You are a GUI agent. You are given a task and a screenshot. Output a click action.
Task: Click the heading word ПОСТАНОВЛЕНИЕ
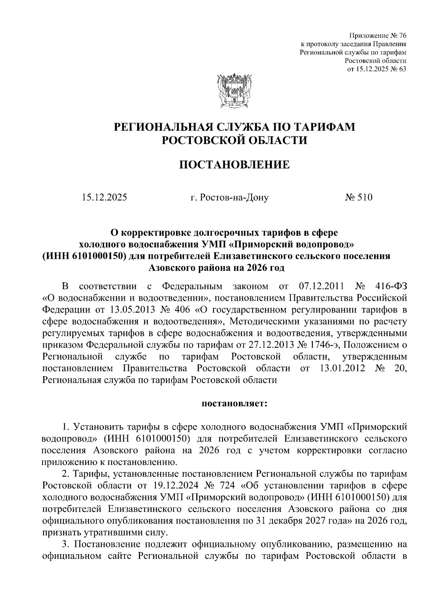click(x=234, y=165)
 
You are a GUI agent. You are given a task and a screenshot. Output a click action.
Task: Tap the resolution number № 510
click(x=358, y=197)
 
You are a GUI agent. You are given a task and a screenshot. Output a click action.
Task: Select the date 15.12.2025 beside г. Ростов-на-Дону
click(x=104, y=197)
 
